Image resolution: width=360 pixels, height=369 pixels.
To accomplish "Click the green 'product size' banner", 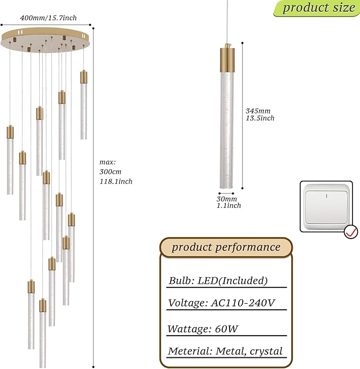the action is click(317, 8).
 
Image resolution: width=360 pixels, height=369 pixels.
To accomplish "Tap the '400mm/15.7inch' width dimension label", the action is click(48, 18).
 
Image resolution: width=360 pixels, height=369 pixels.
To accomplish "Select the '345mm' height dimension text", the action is click(258, 111).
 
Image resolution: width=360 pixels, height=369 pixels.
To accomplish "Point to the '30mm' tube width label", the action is click(226, 199).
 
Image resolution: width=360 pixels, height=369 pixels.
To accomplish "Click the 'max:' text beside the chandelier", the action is click(108, 162).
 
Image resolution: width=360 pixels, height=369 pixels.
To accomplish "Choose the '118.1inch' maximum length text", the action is click(116, 181).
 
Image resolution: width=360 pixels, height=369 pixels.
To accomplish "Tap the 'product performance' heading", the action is click(226, 248).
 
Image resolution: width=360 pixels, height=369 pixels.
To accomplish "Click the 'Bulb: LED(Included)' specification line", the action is click(218, 280).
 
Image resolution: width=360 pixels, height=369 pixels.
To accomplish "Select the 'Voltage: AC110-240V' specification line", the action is click(222, 303).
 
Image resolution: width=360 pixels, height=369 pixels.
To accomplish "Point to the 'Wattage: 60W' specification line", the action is click(203, 329).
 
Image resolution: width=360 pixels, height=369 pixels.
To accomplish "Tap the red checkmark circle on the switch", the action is click(351, 232).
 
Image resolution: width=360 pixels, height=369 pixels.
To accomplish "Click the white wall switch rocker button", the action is click(326, 207).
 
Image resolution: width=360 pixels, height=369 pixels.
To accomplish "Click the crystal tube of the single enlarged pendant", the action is click(227, 130).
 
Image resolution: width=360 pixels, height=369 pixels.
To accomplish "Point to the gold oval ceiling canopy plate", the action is click(45, 40).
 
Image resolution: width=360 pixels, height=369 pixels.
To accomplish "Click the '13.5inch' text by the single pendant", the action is click(260, 118).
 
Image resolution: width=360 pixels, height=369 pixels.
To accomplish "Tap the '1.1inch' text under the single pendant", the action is click(229, 206).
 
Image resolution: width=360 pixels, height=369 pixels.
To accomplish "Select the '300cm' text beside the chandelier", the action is click(110, 172).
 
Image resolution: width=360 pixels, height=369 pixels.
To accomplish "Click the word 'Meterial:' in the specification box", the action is click(190, 351).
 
